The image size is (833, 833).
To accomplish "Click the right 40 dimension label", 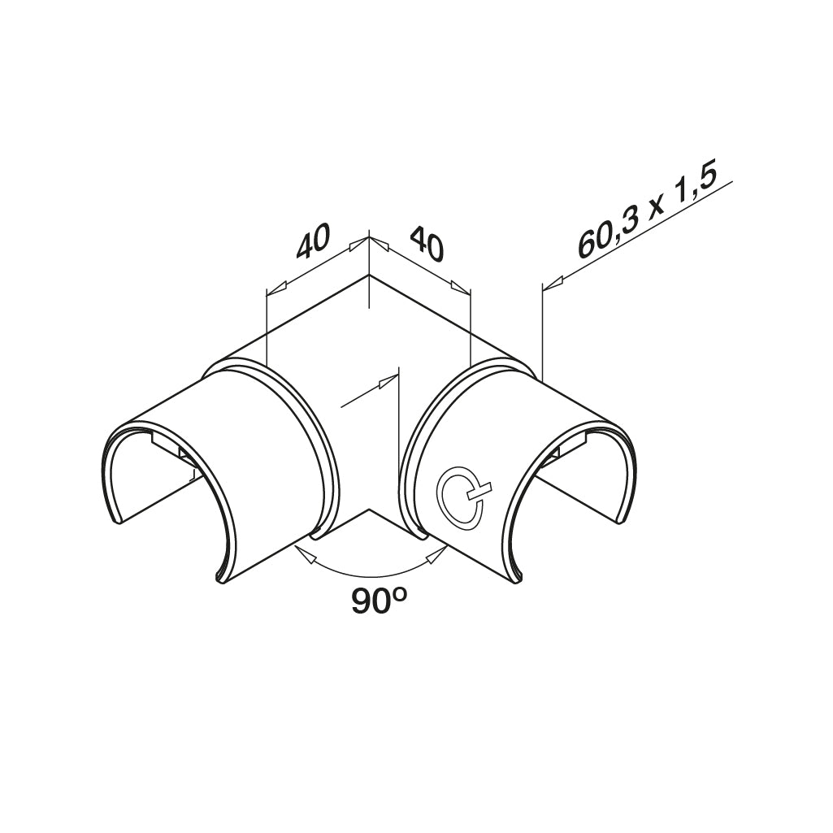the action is click(427, 242).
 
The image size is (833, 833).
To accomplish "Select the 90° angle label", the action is click(379, 602).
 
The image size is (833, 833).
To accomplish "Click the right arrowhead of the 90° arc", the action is click(436, 554).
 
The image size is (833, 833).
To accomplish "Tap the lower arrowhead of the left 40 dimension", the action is click(276, 288).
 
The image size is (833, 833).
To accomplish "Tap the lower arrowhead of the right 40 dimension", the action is click(460, 287).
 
